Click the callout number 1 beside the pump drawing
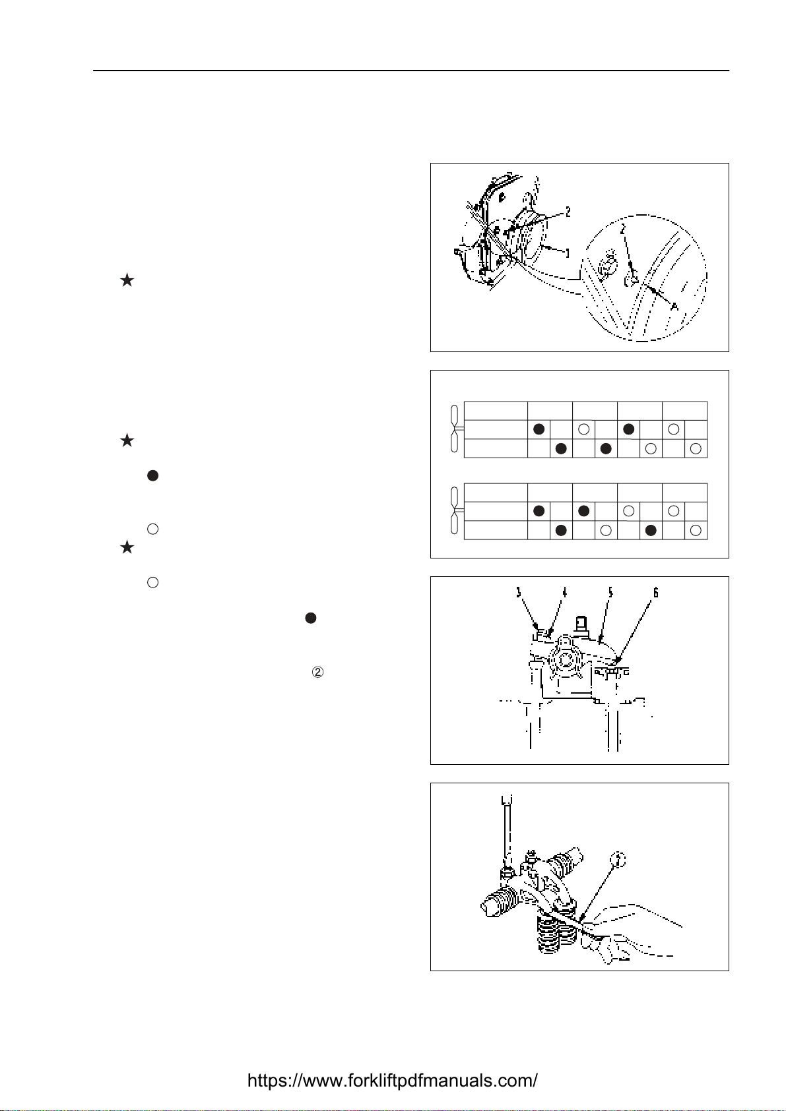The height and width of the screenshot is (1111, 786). coord(568,253)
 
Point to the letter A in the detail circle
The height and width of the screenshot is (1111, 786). coord(674,307)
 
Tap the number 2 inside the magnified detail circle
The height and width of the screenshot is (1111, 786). coord(622,229)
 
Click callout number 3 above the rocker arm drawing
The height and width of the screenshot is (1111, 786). coord(519,593)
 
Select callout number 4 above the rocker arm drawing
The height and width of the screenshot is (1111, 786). coord(564,593)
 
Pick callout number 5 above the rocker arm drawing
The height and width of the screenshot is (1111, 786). coord(610,593)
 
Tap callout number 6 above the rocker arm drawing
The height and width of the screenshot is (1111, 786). coord(655,593)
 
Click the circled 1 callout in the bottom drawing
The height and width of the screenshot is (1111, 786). coord(618,859)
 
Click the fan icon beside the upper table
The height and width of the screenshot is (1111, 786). coord(454,429)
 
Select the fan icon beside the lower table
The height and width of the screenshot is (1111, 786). coord(454,511)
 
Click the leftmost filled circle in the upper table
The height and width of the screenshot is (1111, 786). coord(539,429)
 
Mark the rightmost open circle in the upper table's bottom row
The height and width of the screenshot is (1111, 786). coord(696,448)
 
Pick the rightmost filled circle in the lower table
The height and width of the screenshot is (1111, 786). coord(651,530)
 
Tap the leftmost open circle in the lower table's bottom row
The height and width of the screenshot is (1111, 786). coord(606,530)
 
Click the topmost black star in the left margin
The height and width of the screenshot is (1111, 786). coord(127,281)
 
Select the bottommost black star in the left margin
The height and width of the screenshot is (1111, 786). coord(127,548)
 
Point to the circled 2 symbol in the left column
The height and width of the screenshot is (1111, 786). coord(317,673)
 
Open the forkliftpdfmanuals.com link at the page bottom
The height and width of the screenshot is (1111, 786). coord(393,1081)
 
